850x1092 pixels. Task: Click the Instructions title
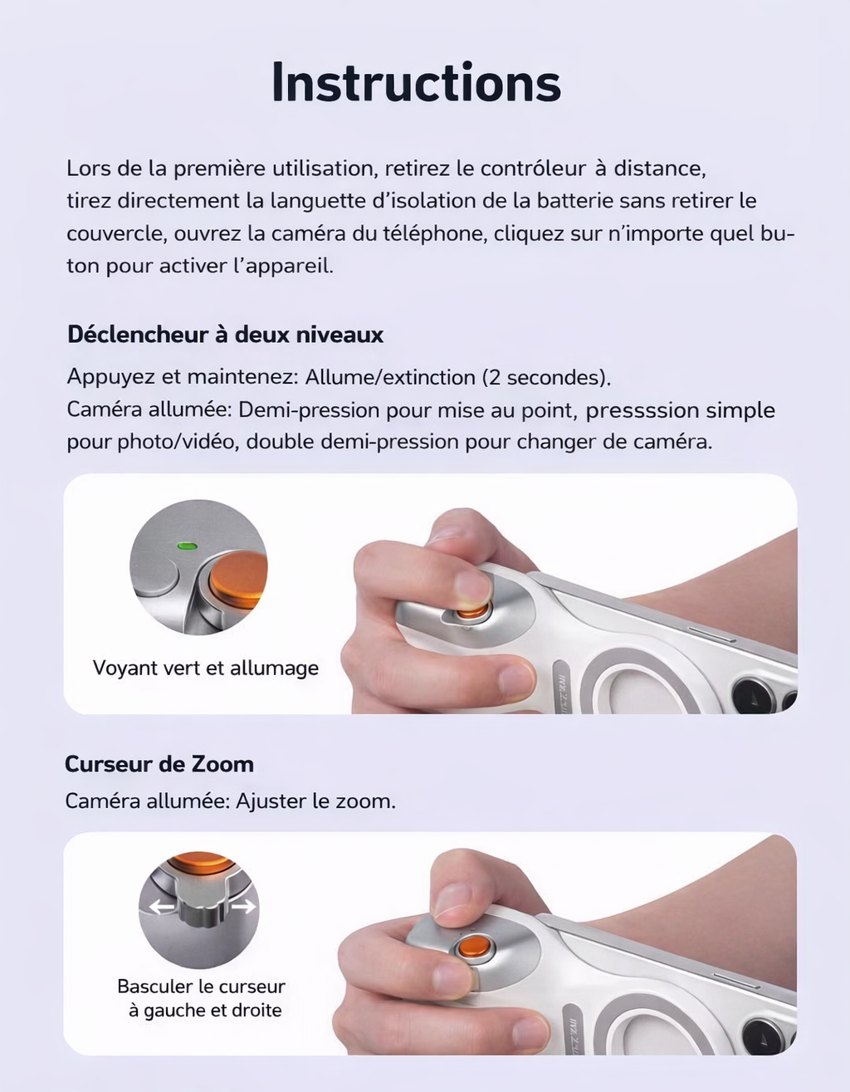tap(416, 83)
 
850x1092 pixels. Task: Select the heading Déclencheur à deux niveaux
tap(225, 335)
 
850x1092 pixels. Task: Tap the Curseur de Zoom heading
tap(159, 764)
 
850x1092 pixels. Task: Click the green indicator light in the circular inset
tap(186, 546)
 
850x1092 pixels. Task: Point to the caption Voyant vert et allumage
tap(205, 668)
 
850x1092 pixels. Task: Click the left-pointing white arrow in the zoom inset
tap(163, 907)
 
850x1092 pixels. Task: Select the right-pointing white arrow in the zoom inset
tap(242, 907)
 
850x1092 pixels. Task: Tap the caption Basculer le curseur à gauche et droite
tap(201, 998)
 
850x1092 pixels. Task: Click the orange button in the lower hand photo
tap(473, 948)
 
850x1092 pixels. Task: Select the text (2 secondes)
tap(546, 377)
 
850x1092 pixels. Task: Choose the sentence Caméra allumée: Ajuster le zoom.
tap(230, 801)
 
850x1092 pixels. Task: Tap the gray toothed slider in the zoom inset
tap(199, 914)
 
